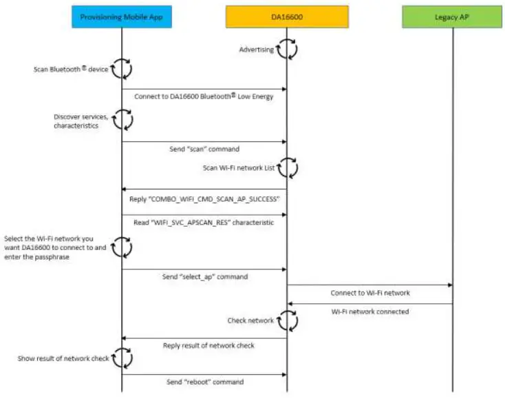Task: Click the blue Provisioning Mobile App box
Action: pos(122,17)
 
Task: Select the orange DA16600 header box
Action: pos(286,17)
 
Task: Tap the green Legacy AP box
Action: pos(453,17)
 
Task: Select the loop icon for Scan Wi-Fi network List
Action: pos(287,166)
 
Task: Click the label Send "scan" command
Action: pos(204,149)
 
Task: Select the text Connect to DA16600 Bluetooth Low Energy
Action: pos(204,96)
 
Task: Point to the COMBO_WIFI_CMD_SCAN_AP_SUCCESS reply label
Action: pos(204,200)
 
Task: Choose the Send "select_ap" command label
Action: pos(204,276)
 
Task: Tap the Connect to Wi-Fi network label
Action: pos(369,293)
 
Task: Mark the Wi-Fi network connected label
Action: pos(369,311)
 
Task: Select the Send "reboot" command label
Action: pos(204,382)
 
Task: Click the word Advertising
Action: pos(256,50)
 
